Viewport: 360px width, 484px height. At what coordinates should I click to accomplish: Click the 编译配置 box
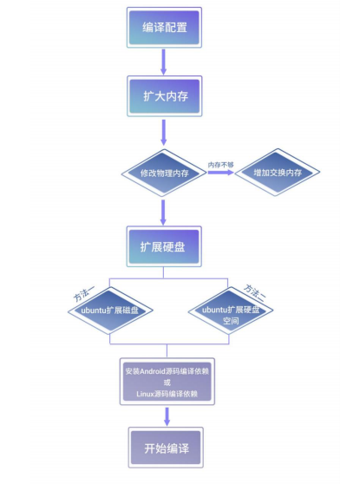point(164,28)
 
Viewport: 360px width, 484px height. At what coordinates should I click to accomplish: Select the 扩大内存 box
point(165,96)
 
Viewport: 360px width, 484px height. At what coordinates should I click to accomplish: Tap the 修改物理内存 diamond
point(164,173)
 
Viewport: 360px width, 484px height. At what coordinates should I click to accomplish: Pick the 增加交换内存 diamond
point(278,173)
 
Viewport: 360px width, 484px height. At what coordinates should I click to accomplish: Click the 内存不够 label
point(220,165)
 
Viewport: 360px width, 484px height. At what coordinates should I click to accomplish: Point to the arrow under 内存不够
point(220,173)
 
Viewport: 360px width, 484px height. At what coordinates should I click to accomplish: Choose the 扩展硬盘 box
point(164,246)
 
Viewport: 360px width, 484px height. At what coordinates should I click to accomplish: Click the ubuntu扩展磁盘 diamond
point(110,311)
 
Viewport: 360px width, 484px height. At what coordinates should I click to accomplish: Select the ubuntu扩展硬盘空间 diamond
point(231,311)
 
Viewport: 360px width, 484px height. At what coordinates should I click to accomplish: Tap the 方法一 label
point(83,293)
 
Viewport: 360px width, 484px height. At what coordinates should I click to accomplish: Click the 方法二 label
point(254,292)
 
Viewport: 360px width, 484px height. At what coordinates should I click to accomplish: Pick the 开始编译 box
point(166,448)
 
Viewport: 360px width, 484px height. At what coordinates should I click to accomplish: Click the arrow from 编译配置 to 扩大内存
point(164,62)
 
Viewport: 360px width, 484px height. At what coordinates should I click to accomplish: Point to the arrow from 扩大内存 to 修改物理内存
point(164,132)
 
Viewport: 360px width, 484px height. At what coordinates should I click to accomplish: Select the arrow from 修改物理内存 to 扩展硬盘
point(163,213)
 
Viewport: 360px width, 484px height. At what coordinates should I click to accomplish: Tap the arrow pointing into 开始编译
point(167,416)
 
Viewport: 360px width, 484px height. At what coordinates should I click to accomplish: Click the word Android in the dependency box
point(153,371)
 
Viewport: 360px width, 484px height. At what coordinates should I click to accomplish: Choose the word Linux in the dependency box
point(145,394)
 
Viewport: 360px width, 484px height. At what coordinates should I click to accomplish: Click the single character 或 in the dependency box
point(167,383)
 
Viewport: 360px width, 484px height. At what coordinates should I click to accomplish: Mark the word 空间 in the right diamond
point(231,321)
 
